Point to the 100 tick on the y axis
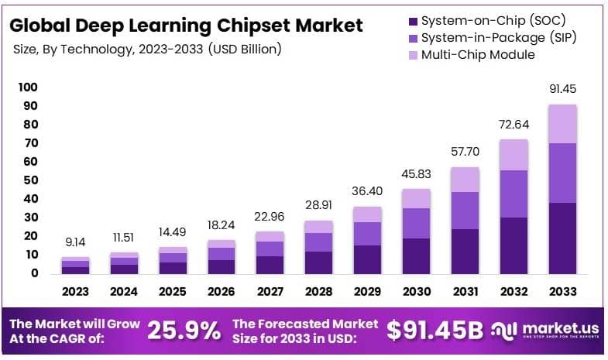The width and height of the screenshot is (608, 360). (28, 87)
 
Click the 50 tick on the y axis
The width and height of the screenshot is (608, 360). (30, 180)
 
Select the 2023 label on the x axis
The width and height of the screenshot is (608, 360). (76, 292)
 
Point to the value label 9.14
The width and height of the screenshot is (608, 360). (76, 242)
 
